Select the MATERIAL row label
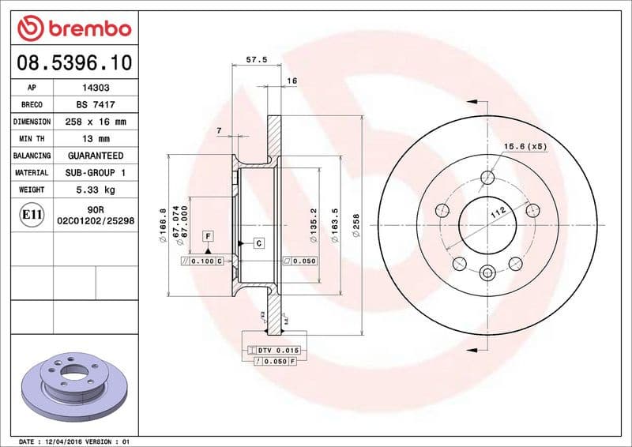[32, 172]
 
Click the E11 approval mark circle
[32, 214]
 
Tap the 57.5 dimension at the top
[256, 60]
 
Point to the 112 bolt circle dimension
[497, 212]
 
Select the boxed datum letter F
[208, 235]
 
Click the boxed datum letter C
[258, 243]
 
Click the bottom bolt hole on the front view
[487, 273]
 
